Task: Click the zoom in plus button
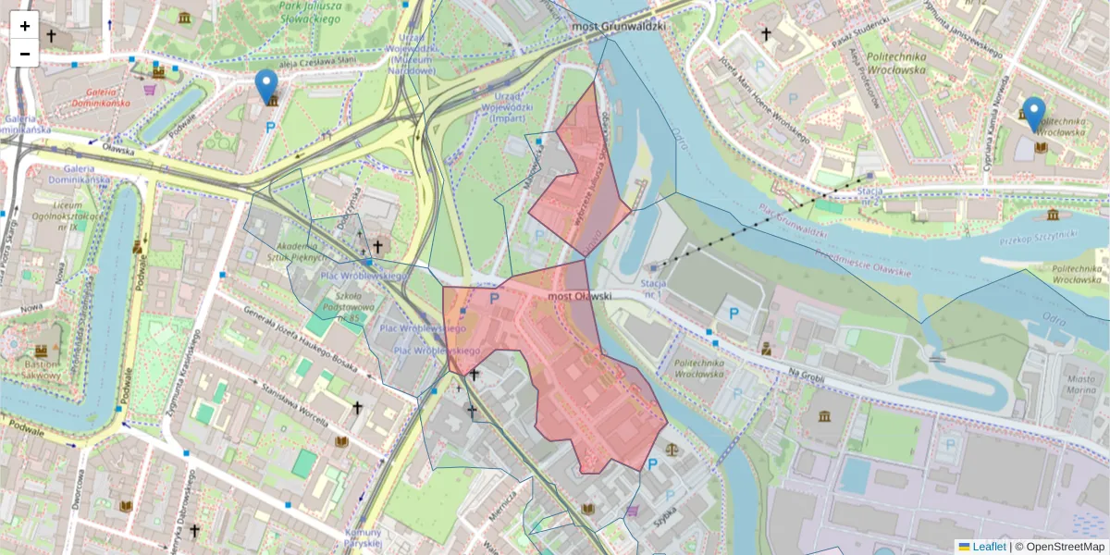point(25,26)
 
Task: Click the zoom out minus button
point(25,54)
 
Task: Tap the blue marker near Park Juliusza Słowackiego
point(266,87)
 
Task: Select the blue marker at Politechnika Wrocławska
point(1034,115)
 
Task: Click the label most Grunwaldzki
point(619,27)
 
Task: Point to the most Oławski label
point(580,297)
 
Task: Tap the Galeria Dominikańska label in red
point(104,97)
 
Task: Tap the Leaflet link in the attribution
point(989,547)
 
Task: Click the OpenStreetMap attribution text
point(1065,547)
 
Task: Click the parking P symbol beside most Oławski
point(493,299)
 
